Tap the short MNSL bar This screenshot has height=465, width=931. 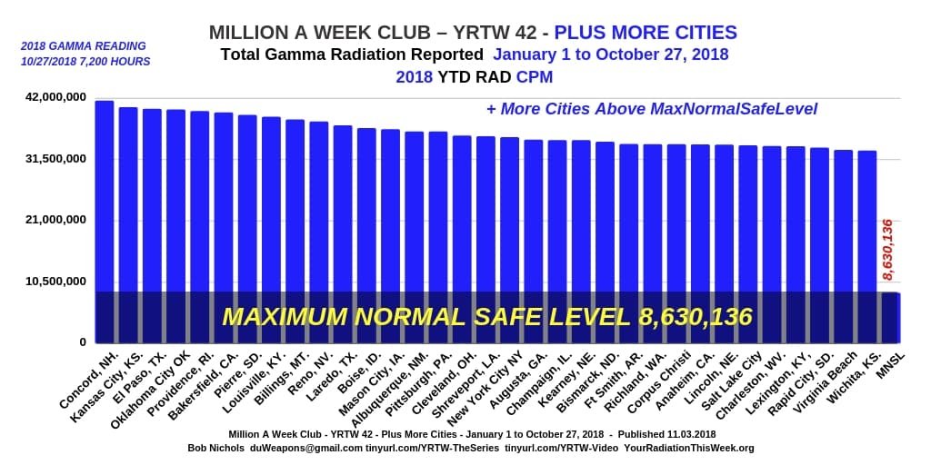(x=890, y=317)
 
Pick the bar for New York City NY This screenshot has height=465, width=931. (x=509, y=218)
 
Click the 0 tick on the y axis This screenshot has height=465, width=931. (x=83, y=342)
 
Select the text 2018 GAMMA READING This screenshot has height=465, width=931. (x=83, y=46)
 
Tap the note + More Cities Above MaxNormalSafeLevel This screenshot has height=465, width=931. (x=651, y=109)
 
